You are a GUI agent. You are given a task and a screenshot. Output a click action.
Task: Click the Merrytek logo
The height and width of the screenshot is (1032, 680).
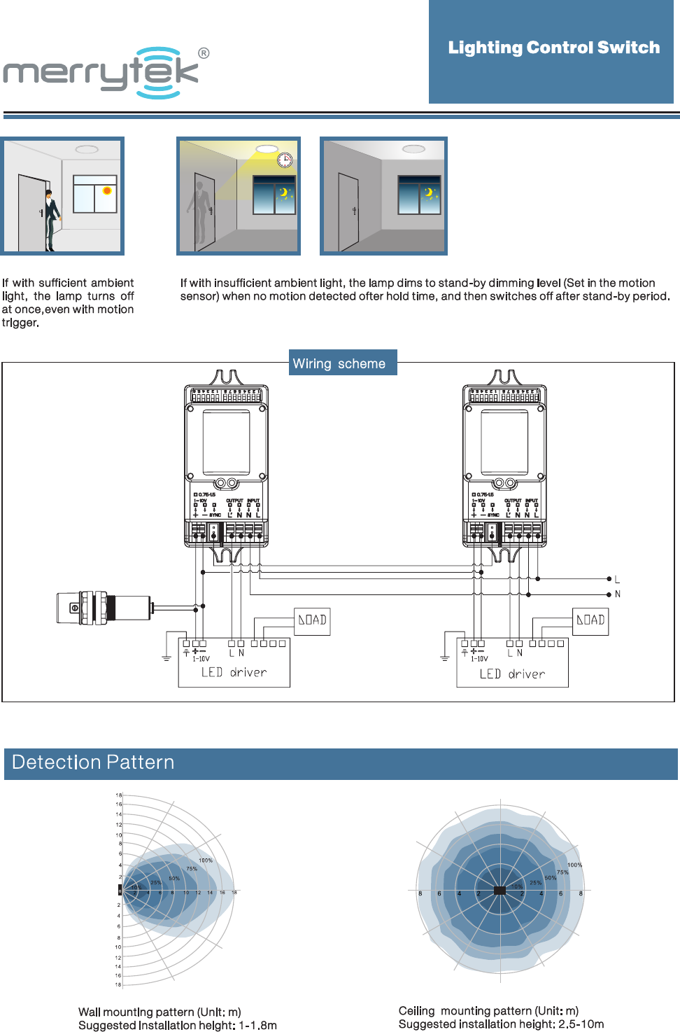click(x=105, y=72)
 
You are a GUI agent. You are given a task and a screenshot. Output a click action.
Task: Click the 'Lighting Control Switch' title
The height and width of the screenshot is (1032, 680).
click(x=553, y=48)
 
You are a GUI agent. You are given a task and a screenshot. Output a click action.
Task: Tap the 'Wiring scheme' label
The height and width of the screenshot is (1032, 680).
click(x=339, y=363)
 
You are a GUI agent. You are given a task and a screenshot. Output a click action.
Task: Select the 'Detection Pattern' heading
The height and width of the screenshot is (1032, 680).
click(x=93, y=762)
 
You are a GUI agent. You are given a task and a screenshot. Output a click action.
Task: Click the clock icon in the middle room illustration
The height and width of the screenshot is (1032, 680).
click(x=285, y=160)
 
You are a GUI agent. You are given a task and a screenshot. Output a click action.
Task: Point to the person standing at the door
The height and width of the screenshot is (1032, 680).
click(x=51, y=219)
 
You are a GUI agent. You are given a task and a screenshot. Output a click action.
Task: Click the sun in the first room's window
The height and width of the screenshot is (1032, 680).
click(x=107, y=190)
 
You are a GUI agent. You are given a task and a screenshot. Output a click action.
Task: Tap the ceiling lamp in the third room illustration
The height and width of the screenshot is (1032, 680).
click(x=413, y=149)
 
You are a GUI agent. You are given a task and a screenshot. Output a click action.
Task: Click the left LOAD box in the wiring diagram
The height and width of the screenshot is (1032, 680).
click(x=312, y=620)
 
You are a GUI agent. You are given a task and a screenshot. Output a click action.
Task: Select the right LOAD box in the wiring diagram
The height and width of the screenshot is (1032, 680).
click(x=590, y=620)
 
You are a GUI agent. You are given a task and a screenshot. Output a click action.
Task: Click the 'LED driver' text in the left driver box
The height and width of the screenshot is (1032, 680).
click(x=234, y=673)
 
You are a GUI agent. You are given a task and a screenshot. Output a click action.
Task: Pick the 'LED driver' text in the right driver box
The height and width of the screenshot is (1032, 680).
click(x=512, y=674)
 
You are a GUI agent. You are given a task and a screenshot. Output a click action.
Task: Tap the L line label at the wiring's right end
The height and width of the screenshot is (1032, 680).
click(x=617, y=580)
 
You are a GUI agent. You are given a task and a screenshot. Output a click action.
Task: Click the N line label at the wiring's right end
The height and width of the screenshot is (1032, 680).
click(x=617, y=594)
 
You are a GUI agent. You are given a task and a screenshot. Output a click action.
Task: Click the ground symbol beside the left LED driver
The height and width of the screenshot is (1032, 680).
click(x=167, y=657)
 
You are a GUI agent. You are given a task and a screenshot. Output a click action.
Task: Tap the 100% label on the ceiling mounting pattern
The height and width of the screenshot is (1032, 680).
click(x=574, y=865)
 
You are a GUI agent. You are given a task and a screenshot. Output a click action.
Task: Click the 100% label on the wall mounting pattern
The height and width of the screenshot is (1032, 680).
click(x=205, y=860)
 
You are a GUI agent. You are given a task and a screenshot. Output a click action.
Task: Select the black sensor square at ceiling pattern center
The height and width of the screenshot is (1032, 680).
click(x=500, y=891)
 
